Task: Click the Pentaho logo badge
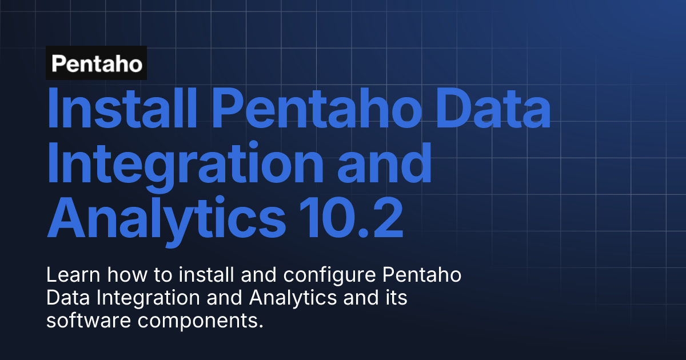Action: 97,63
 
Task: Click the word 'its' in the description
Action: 395,298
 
